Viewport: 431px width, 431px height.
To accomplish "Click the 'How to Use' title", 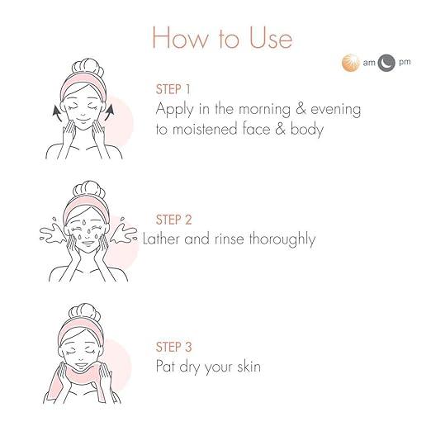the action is [222, 38].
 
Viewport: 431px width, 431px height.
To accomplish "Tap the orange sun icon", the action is [350, 63].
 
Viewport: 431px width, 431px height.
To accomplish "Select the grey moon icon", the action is [386, 63].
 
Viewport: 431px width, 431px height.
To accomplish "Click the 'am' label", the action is [369, 63].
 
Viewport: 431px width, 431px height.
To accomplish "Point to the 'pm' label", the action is [405, 63].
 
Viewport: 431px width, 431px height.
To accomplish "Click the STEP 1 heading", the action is [173, 89].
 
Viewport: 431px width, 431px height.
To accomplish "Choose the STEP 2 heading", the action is [173, 220].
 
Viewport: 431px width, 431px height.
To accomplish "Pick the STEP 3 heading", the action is [173, 347].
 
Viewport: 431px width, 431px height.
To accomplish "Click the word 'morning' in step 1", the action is [264, 110].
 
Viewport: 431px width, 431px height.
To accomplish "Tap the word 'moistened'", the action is [205, 130].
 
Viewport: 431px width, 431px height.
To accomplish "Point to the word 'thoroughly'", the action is [282, 239].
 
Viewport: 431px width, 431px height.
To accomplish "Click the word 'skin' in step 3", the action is [249, 367].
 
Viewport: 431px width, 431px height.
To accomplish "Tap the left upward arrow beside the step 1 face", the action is [58, 113].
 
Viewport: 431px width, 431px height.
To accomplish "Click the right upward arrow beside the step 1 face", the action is [109, 112].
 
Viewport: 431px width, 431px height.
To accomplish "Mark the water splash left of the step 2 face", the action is [53, 232].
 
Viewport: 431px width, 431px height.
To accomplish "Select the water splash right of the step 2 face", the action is [123, 231].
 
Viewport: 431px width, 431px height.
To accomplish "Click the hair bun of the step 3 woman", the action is [86, 314].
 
